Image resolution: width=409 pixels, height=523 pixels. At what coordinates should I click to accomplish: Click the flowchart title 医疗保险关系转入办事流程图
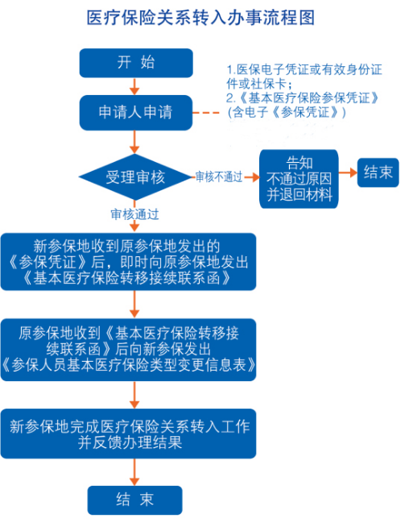(200, 18)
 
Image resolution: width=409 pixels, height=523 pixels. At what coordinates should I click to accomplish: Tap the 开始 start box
(136, 63)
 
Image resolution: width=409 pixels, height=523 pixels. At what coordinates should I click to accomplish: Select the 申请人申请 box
(136, 112)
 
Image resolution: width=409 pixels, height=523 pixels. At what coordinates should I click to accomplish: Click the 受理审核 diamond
(134, 176)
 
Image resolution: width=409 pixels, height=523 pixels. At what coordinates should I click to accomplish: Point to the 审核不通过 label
(219, 176)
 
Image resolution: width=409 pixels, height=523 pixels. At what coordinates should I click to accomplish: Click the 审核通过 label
(134, 214)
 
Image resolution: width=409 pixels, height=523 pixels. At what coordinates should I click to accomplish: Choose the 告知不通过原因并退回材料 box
(299, 179)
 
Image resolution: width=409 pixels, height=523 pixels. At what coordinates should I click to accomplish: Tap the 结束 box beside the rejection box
(378, 172)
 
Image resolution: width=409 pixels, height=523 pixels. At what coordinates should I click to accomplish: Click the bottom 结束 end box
(134, 500)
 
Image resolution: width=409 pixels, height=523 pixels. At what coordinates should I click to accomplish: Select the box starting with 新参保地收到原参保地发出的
(128, 261)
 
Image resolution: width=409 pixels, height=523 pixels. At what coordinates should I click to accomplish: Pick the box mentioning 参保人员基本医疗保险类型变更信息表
(128, 350)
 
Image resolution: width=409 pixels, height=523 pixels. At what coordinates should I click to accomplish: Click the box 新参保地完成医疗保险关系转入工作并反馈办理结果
(128, 434)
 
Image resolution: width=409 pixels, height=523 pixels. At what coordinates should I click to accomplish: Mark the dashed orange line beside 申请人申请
(206, 113)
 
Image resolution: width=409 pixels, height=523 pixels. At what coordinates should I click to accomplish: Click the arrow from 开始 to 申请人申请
(134, 86)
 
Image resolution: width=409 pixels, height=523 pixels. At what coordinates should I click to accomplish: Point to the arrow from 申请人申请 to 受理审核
(134, 142)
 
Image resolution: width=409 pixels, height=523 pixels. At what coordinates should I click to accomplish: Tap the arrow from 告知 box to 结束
(348, 172)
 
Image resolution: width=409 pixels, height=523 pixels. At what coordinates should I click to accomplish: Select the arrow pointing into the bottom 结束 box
(134, 472)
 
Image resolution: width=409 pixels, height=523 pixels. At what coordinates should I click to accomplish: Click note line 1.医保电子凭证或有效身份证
(304, 70)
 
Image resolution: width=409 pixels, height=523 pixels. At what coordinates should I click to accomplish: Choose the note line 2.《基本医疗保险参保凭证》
(303, 98)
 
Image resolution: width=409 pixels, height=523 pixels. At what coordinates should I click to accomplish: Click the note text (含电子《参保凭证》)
(287, 112)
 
